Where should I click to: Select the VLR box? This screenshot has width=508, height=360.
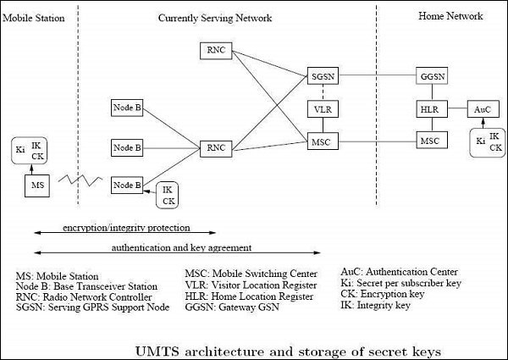pos(322,109)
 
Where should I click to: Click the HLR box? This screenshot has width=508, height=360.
pos(430,109)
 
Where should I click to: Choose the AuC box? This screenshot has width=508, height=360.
pos(482,109)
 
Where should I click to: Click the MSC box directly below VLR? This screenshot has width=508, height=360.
pos(322,140)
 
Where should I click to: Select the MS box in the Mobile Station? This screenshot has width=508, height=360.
pos(37,184)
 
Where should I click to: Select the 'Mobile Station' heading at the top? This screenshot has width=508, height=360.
pos(35,18)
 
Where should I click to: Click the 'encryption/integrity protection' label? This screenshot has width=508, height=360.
pos(127,228)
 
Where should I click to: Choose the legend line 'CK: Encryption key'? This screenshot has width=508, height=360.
pos(389,295)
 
